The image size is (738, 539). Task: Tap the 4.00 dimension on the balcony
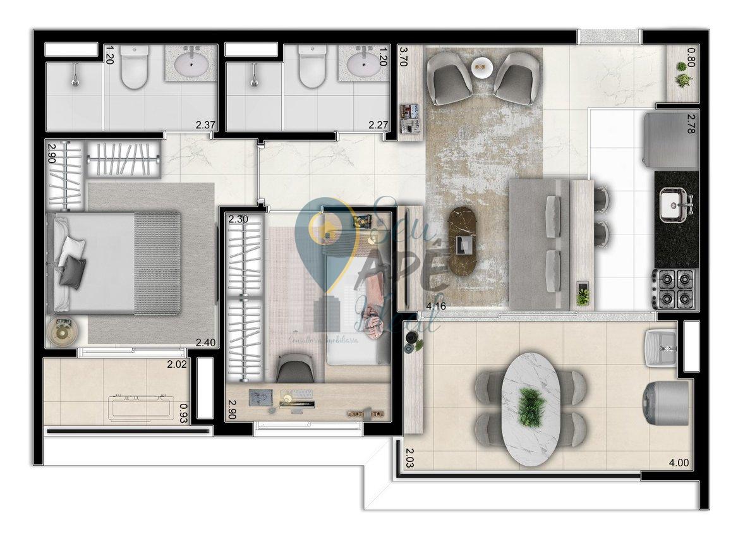point(679,463)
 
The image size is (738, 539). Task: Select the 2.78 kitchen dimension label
point(695,118)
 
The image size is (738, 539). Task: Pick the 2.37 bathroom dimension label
point(205,125)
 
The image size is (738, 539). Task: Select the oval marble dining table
point(530,409)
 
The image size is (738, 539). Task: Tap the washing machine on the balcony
point(665,402)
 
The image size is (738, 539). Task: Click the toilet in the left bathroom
point(133,66)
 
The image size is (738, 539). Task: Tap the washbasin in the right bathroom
point(364,64)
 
